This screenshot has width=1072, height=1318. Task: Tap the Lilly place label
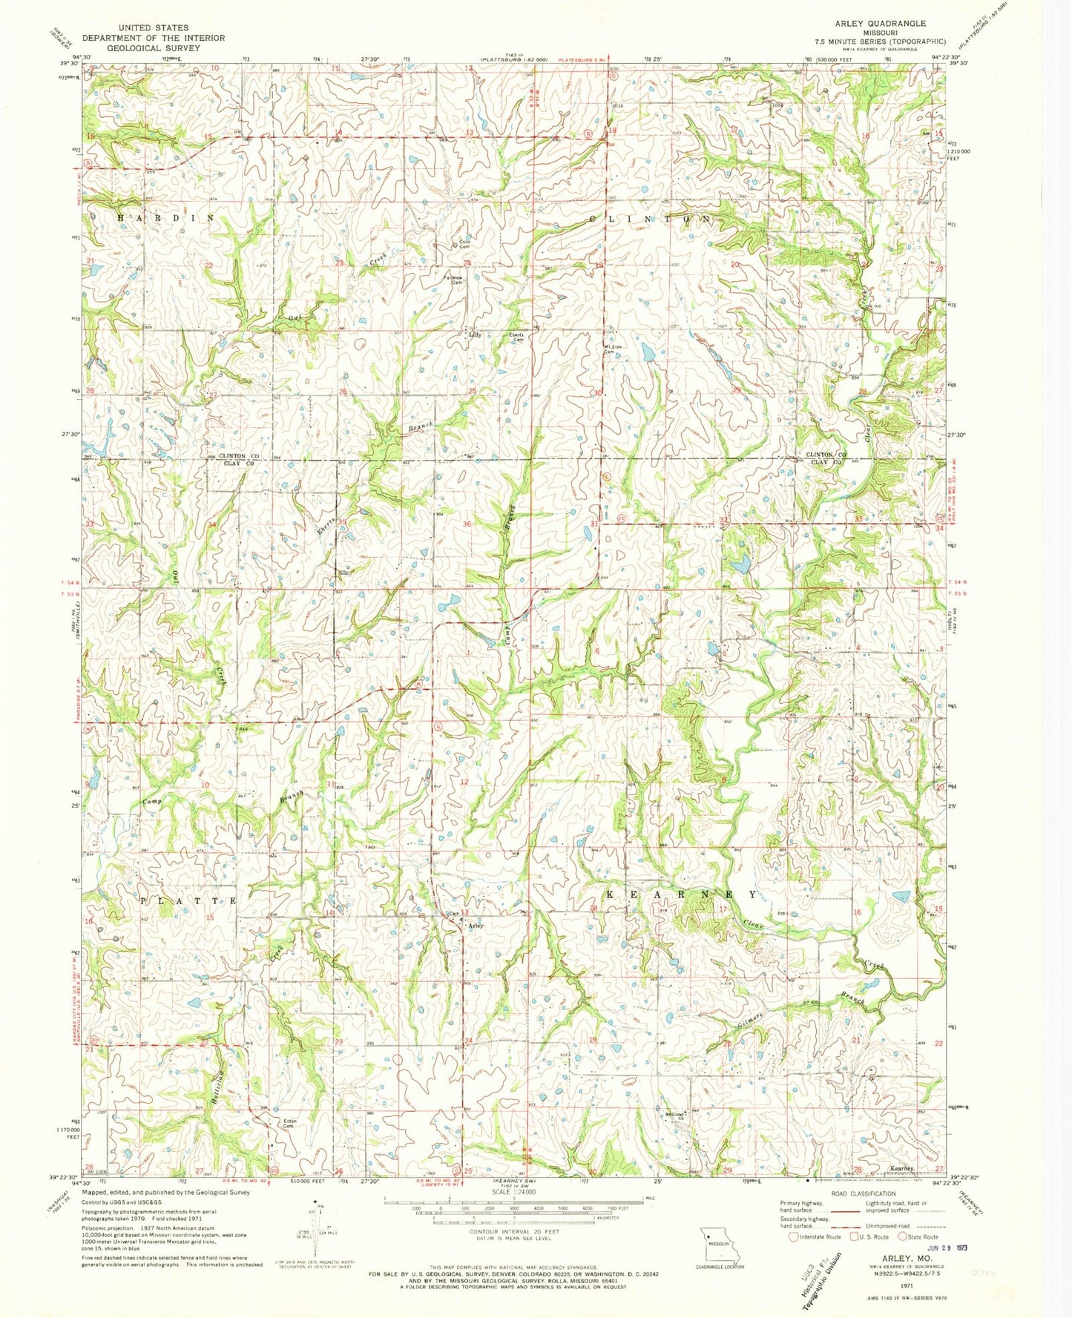tap(475, 335)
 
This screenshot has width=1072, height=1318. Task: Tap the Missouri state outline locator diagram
tap(716, 1244)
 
